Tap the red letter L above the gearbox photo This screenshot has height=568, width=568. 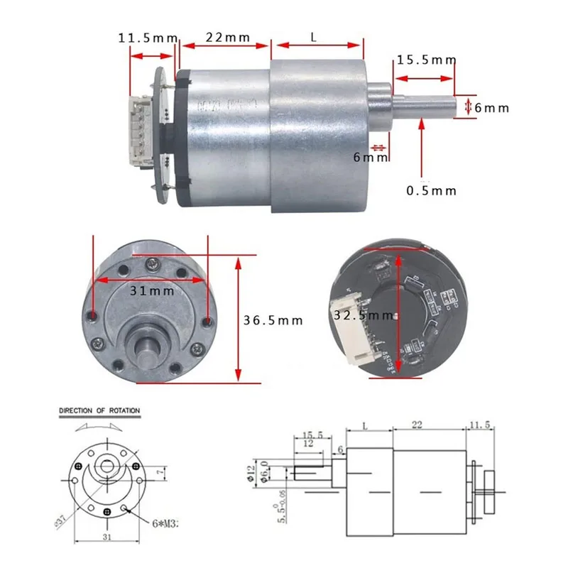pos(314,36)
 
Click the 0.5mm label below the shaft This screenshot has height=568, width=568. pos(431,190)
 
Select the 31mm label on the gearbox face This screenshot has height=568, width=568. pos(150,290)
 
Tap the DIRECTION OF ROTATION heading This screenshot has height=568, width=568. pos(99,410)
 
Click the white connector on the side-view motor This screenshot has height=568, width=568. pos(140,130)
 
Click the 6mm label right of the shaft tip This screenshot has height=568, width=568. pos(492,108)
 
